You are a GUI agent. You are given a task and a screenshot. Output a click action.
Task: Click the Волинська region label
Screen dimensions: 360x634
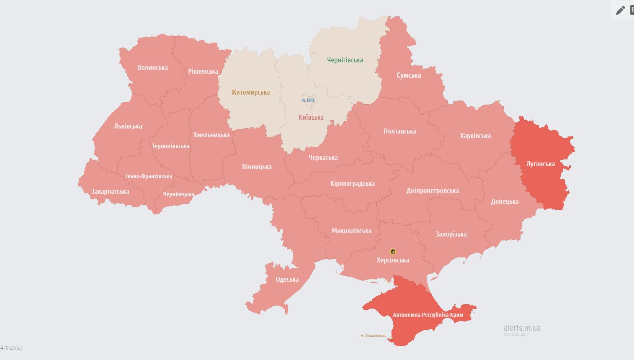pyautogui.click(x=152, y=67)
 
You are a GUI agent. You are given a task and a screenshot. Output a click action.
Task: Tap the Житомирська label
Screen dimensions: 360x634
pyautogui.click(x=250, y=92)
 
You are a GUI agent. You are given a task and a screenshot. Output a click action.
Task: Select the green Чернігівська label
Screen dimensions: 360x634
pyautogui.click(x=345, y=60)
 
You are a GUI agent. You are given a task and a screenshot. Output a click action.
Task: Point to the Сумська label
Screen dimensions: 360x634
pyautogui.click(x=409, y=75)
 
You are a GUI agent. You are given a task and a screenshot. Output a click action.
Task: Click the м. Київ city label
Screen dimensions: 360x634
pyautogui.click(x=308, y=100)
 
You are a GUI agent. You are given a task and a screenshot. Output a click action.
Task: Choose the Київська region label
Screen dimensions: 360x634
pyautogui.click(x=311, y=117)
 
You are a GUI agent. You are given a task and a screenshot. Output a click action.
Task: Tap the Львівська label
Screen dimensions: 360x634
pyautogui.click(x=128, y=126)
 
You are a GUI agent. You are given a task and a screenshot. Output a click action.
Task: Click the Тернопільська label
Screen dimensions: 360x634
pyautogui.click(x=170, y=146)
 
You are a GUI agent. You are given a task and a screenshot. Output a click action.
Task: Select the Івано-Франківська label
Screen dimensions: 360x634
pyautogui.click(x=149, y=176)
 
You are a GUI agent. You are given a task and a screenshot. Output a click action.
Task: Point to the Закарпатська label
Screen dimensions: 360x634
pyautogui.click(x=110, y=191)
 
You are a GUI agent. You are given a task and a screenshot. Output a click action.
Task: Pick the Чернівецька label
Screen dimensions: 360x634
pyautogui.click(x=178, y=194)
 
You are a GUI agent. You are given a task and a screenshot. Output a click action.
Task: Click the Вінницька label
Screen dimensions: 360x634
pyautogui.click(x=257, y=167)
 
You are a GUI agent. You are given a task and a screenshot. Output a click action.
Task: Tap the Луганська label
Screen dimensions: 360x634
pyautogui.click(x=540, y=164)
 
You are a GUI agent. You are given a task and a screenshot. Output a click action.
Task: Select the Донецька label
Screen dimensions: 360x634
pyautogui.click(x=505, y=201)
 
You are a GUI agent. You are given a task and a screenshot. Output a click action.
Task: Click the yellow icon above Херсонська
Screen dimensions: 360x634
pyautogui.click(x=393, y=252)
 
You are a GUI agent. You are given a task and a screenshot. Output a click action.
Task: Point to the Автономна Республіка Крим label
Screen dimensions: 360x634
pyautogui.click(x=428, y=315)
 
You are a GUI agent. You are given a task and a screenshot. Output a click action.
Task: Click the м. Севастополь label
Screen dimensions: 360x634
pyautogui.click(x=373, y=336)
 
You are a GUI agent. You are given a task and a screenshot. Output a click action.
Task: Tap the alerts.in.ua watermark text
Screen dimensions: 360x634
pyautogui.click(x=522, y=328)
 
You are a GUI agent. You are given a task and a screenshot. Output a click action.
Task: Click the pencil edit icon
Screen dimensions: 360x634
pyautogui.click(x=620, y=10)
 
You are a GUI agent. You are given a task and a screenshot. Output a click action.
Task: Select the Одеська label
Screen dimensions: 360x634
pyautogui.click(x=287, y=279)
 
